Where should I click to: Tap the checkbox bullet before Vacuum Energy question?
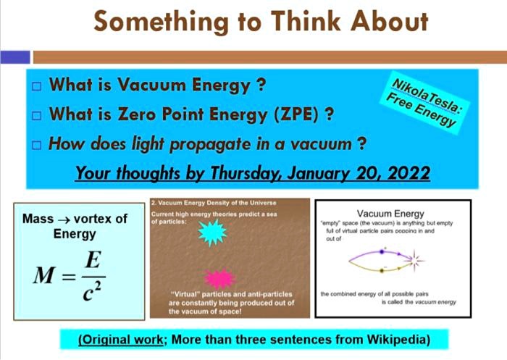(37, 87)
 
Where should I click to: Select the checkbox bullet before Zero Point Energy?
(37, 115)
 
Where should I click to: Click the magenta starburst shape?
(220, 278)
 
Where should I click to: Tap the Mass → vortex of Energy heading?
(75, 226)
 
